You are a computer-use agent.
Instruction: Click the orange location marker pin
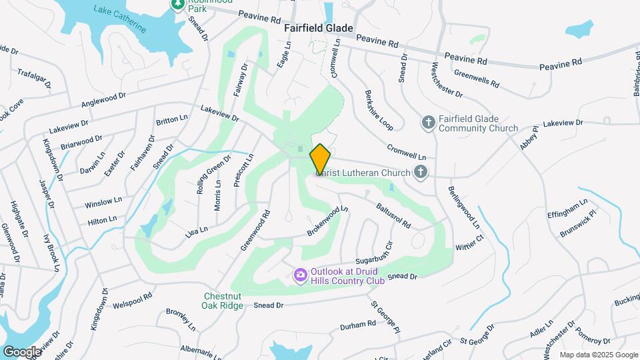click(320, 158)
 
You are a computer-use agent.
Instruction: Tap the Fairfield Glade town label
click(318, 29)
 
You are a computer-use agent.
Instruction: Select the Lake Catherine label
click(120, 19)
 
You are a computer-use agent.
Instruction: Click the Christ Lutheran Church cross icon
click(420, 173)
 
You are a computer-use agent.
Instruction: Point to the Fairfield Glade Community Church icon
click(429, 123)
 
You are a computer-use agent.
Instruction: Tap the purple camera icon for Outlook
click(301, 274)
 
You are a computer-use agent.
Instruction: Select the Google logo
click(22, 351)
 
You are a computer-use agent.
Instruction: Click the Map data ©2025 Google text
click(598, 355)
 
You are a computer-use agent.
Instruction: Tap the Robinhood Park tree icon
click(178, 4)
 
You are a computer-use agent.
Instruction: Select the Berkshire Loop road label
click(379, 109)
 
